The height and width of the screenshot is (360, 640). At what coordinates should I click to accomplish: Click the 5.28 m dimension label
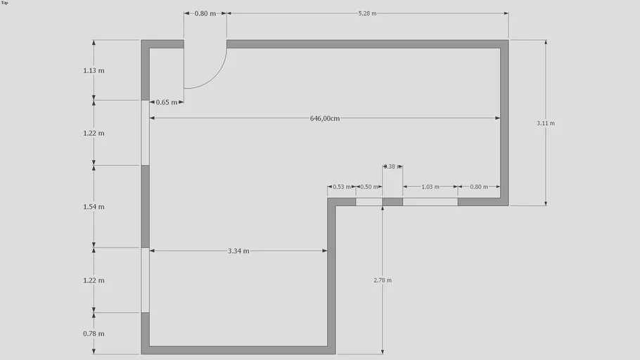pos(367,13)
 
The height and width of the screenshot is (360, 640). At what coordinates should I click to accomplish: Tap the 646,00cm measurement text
pos(325,118)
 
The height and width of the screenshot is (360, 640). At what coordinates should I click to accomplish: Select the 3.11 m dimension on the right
pos(546,123)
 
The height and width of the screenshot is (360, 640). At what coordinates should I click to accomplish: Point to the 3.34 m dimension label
pos(238,251)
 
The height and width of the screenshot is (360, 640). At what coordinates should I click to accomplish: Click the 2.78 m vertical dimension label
pos(383,280)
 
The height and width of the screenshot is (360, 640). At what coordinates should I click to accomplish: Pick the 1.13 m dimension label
pos(94,70)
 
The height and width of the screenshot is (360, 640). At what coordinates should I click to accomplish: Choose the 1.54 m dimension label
pos(94,207)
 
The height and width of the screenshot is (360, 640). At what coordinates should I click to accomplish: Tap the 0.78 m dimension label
pos(94,333)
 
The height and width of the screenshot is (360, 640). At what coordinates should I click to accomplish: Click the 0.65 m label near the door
pos(167,102)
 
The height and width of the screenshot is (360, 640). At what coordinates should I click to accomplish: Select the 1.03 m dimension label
pos(430,187)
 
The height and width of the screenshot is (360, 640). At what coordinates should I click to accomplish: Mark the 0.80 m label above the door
pos(205,13)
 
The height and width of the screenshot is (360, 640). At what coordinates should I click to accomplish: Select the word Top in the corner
pos(5,3)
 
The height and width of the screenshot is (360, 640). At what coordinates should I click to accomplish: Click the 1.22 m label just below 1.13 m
pos(94,133)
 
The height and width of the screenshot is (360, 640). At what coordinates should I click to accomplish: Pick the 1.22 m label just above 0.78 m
pos(94,280)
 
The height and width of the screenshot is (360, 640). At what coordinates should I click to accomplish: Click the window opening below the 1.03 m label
pos(430,202)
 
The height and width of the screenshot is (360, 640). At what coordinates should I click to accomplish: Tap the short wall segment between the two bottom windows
pos(392,202)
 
